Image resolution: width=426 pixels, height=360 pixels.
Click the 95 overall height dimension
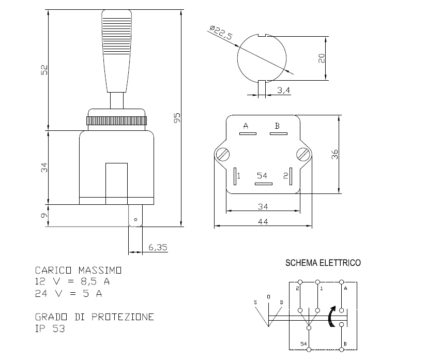coord(177,118)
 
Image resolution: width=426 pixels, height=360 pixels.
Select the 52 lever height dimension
coord(44,69)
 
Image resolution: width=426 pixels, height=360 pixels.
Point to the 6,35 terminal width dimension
coord(158,247)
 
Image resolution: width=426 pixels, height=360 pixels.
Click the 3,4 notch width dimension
coord(283,91)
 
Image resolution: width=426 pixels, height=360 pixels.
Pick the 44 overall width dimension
coord(263,221)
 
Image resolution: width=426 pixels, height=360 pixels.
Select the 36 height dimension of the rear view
coord(334,154)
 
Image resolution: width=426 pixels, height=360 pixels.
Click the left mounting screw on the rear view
coord(223,154)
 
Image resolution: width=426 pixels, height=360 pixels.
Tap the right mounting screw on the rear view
coord(303,154)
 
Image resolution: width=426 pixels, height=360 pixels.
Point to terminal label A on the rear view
coord(246,126)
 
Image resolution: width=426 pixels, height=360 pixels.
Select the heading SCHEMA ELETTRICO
coord(323,263)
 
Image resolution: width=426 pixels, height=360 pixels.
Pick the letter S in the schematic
coord(255,302)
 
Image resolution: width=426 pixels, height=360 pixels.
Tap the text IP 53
coord(50,328)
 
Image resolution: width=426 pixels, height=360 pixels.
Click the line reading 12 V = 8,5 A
coord(72,282)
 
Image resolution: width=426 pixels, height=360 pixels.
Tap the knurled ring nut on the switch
coord(117,122)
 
